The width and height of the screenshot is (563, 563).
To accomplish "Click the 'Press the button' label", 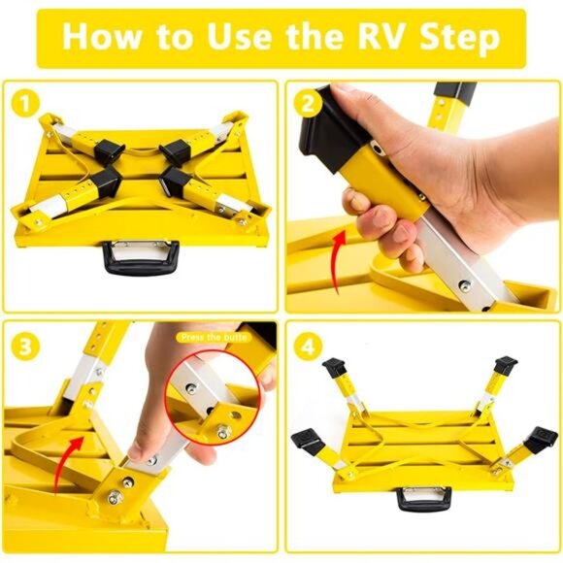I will pos(212,337).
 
